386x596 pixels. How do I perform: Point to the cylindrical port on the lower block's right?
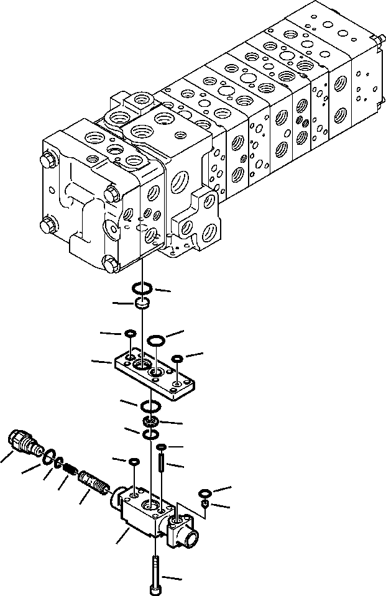click(184, 532)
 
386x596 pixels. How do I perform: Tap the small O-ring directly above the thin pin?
click(160, 448)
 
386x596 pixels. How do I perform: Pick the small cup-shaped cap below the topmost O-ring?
click(142, 304)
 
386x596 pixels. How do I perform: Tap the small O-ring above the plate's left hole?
click(129, 334)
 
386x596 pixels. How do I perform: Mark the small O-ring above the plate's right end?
click(177, 359)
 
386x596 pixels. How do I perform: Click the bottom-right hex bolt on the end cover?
click(109, 264)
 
